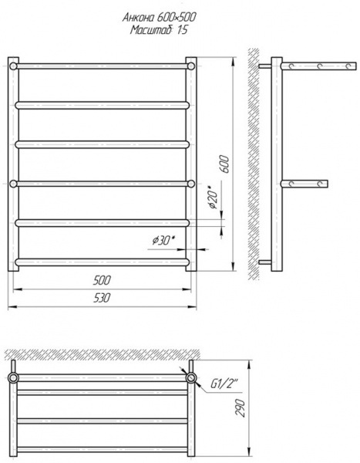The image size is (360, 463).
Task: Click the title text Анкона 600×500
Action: (159, 18)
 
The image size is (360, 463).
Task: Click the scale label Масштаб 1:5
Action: (159, 30)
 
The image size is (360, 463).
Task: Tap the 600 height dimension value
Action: (224, 164)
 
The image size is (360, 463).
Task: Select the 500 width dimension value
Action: (102, 280)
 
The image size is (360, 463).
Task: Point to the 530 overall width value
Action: (102, 298)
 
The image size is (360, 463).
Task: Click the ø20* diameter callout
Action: (213, 198)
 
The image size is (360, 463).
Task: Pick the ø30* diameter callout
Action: (163, 241)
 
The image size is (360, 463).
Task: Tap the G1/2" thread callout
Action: (224, 384)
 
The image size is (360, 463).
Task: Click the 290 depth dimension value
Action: (241, 407)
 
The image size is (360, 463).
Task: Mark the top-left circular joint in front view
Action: (13, 66)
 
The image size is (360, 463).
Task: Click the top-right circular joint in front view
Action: (191, 66)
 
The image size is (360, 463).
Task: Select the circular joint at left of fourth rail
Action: (13, 184)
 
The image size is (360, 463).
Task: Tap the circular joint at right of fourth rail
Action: (191, 184)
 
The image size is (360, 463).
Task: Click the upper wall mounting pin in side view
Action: (265, 66)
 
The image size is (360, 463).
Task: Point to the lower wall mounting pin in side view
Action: (265, 262)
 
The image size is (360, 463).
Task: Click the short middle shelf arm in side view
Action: (304, 184)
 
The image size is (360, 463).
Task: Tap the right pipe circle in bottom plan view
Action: (191, 377)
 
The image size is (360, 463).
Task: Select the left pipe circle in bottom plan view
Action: (13, 377)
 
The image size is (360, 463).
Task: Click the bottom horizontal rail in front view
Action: (102, 262)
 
